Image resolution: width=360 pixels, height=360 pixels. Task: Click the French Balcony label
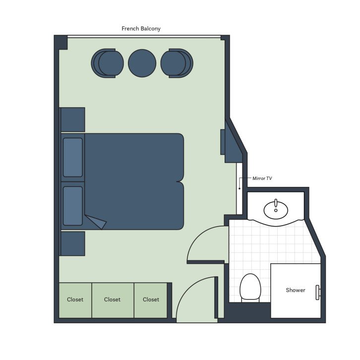(141, 29)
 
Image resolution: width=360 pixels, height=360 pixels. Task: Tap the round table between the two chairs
(142, 63)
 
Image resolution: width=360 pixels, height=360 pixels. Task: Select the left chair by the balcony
(107, 63)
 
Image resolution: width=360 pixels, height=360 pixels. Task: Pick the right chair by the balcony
(177, 63)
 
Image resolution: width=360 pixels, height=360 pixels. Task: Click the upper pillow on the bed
(72, 157)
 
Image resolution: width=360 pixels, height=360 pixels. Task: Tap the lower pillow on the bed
(72, 206)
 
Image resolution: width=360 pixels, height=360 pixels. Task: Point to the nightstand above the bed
(72, 120)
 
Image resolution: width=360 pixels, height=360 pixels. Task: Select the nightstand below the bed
(72, 243)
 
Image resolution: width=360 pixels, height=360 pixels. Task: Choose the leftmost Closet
(75, 300)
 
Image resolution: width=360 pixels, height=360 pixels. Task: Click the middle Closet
(113, 300)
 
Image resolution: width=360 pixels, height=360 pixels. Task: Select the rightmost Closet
(151, 300)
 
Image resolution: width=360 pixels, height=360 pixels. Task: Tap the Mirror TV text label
(262, 179)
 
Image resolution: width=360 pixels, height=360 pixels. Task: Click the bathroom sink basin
(276, 210)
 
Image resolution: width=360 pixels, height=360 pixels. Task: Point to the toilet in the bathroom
(250, 288)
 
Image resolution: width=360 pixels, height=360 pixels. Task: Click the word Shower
(296, 290)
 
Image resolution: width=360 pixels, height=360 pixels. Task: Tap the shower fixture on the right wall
(318, 293)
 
